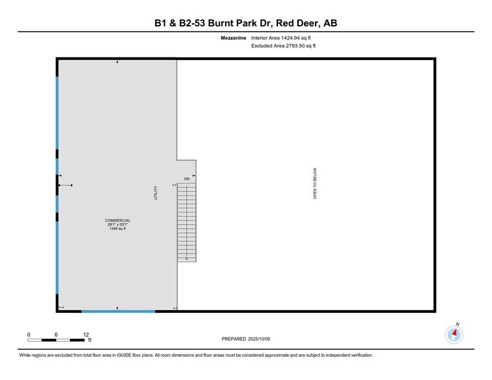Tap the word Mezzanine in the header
point(233,38)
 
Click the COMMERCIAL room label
point(118,220)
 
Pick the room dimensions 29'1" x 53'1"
point(118,224)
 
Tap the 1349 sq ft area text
point(118,229)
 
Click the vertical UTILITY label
point(156,193)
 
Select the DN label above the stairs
point(186,178)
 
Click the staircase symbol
point(187,222)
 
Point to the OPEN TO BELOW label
point(316,184)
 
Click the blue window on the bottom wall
point(118,311)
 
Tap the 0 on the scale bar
point(28,334)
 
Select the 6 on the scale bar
point(57,334)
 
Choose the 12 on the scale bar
point(85,334)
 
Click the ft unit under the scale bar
point(90,340)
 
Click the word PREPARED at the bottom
point(234,338)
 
